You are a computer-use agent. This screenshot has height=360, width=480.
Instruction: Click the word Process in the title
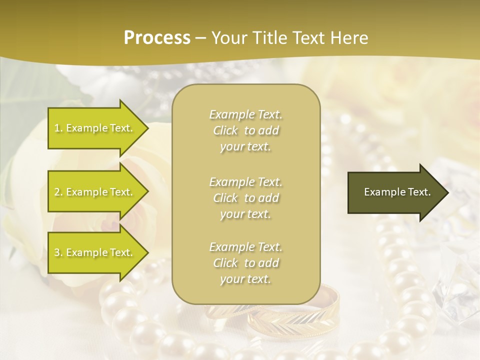tap(157, 38)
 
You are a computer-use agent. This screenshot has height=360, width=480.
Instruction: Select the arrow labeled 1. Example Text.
tap(95, 128)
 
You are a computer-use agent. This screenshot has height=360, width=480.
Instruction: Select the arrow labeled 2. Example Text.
tap(95, 192)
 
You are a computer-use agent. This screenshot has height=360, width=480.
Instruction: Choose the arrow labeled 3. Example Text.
tap(95, 252)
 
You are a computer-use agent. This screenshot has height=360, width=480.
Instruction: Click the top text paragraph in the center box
tap(245, 130)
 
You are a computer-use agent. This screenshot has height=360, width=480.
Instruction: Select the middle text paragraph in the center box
tap(245, 198)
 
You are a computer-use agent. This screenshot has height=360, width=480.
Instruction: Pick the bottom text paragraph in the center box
tap(245, 263)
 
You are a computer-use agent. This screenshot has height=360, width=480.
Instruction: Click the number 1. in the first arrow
tap(58, 128)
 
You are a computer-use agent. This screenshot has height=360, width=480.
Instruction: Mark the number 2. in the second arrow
tap(58, 192)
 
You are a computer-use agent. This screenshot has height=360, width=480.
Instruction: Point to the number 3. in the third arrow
tap(58, 252)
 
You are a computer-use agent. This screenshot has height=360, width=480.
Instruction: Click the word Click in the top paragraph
tap(226, 130)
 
